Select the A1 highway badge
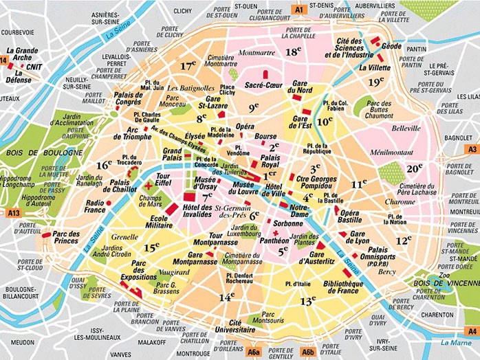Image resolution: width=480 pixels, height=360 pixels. click(298, 10)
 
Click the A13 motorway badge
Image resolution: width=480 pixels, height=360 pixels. click(14, 214)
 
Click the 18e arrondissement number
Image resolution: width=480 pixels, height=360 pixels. click(294, 52)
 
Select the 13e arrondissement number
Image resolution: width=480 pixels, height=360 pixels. click(307, 300)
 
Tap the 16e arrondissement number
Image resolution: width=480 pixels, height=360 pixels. click(104, 165)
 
